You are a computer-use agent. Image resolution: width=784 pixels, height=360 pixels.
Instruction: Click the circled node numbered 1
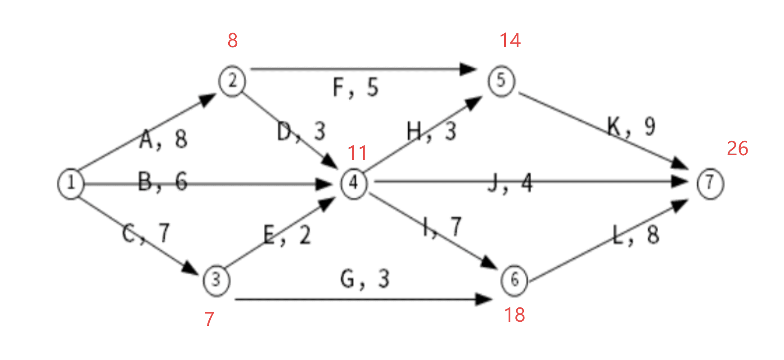pyautogui.click(x=71, y=183)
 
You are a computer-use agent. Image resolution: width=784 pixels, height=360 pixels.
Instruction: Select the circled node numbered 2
pyautogui.click(x=232, y=81)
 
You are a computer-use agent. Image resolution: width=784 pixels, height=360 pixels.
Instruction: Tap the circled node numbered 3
pyautogui.click(x=216, y=280)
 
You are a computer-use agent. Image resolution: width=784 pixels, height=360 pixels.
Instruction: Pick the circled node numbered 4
pyautogui.click(x=354, y=183)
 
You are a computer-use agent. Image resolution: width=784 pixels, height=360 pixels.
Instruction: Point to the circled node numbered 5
pyautogui.click(x=501, y=81)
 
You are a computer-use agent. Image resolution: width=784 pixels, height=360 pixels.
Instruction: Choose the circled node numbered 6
pyautogui.click(x=514, y=280)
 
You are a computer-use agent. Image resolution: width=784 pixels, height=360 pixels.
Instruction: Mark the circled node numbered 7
pyautogui.click(x=710, y=183)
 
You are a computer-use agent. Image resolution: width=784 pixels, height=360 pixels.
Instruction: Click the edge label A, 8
pyautogui.click(x=163, y=139)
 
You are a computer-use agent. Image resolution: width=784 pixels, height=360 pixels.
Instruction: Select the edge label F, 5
pyautogui.click(x=356, y=87)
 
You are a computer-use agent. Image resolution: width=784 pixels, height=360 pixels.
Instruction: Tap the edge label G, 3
pyautogui.click(x=365, y=279)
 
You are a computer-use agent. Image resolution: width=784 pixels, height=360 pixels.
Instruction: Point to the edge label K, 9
pyautogui.click(x=631, y=126)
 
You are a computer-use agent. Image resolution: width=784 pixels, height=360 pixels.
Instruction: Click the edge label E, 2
pyautogui.click(x=287, y=235)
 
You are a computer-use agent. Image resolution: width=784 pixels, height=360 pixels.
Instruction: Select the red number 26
pyautogui.click(x=738, y=148)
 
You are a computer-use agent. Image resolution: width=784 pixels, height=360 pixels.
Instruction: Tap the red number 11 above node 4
pyautogui.click(x=357, y=153)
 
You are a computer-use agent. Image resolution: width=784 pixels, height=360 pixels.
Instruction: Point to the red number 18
pyautogui.click(x=514, y=315)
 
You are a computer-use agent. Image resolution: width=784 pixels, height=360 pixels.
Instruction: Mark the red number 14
pyautogui.click(x=510, y=40)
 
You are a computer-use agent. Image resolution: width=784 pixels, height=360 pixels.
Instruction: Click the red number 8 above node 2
pyautogui.click(x=232, y=40)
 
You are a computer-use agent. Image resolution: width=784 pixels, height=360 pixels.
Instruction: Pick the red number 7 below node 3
pyautogui.click(x=209, y=319)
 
